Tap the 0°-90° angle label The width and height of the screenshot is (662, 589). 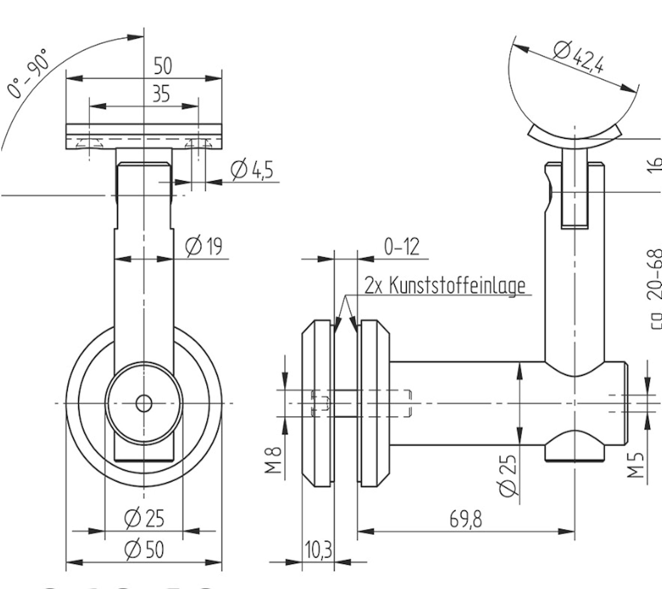tap(28, 74)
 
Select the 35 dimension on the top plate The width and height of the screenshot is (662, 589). tap(161, 94)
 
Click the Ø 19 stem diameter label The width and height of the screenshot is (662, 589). tap(204, 246)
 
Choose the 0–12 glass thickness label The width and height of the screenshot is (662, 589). tap(402, 247)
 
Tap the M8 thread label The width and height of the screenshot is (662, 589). tap(274, 460)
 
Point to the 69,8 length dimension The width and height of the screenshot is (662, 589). tap(465, 519)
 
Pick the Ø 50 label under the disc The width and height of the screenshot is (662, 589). tap(144, 550)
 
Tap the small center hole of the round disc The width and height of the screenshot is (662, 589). tap(144, 403)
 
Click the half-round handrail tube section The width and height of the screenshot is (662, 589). tap(574, 99)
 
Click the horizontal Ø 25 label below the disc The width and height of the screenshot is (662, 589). tap(144, 518)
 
